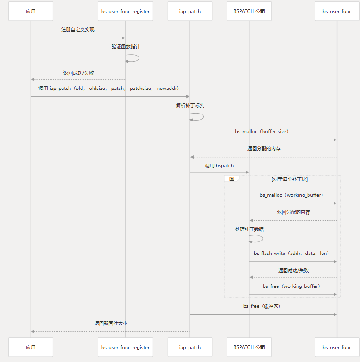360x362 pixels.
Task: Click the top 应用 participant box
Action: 31,11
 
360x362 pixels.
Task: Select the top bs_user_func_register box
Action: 126,11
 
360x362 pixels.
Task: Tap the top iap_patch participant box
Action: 190,11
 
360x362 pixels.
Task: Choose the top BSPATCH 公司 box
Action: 249,11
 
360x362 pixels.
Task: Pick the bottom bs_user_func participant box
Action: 337,347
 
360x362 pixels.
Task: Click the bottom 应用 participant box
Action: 31,347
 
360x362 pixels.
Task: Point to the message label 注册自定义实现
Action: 78,30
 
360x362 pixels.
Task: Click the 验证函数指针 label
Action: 126,47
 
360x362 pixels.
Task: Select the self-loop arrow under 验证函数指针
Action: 133,58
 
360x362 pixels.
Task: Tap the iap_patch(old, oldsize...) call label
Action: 109,88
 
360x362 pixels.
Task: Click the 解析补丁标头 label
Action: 190,106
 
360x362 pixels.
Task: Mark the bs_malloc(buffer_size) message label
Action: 262,132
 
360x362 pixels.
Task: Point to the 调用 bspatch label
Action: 219,165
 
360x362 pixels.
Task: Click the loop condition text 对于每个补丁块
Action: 290,179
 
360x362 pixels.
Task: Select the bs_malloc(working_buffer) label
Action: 291,195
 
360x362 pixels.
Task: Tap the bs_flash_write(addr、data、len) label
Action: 291,254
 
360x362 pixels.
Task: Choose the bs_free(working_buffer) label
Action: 291,286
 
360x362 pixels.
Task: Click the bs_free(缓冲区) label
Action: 262,306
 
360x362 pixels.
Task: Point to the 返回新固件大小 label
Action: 111,324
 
